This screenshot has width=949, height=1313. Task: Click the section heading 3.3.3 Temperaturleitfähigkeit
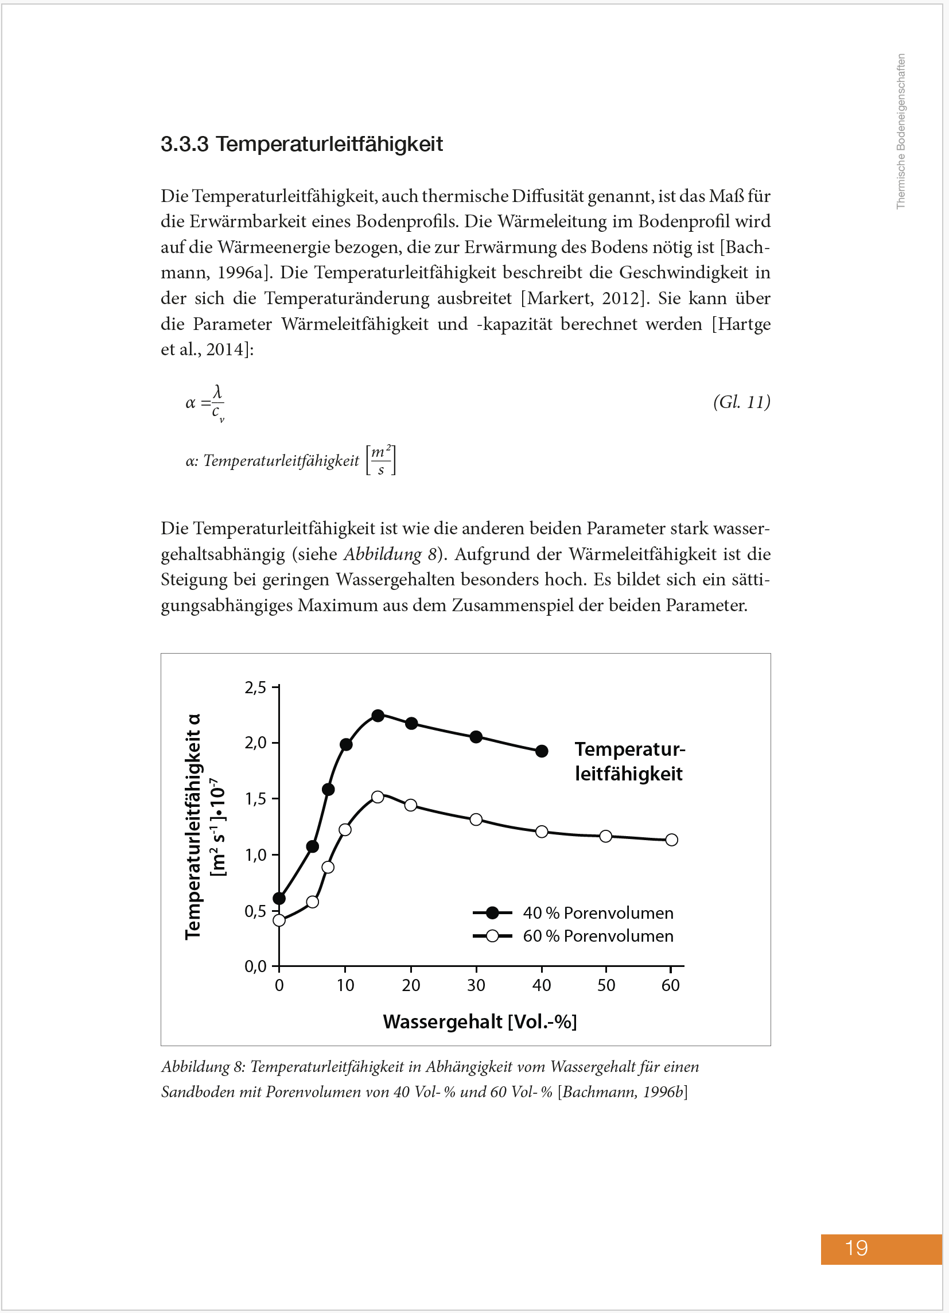301,144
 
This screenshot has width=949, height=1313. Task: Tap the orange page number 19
856,1248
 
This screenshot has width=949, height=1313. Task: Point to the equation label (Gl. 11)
741,402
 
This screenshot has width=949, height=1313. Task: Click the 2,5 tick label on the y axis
255,687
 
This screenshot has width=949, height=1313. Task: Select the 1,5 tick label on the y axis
255,799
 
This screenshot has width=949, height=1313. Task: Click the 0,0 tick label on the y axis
255,966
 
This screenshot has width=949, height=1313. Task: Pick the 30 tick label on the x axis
476,985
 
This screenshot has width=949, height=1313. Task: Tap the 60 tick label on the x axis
671,985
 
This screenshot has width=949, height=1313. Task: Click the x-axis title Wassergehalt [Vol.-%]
480,1021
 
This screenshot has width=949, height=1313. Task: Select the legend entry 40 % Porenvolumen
598,913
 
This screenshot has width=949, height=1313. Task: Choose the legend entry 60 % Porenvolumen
598,936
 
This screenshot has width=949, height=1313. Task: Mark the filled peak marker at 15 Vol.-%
378,716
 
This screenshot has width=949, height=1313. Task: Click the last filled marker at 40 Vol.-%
542,751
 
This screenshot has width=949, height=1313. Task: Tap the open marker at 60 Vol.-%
671,840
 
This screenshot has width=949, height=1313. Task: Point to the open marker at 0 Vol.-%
279,920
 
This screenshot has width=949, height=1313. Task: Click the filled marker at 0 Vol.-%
279,899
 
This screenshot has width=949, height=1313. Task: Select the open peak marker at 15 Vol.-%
378,797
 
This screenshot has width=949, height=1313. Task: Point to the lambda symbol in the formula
217,392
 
